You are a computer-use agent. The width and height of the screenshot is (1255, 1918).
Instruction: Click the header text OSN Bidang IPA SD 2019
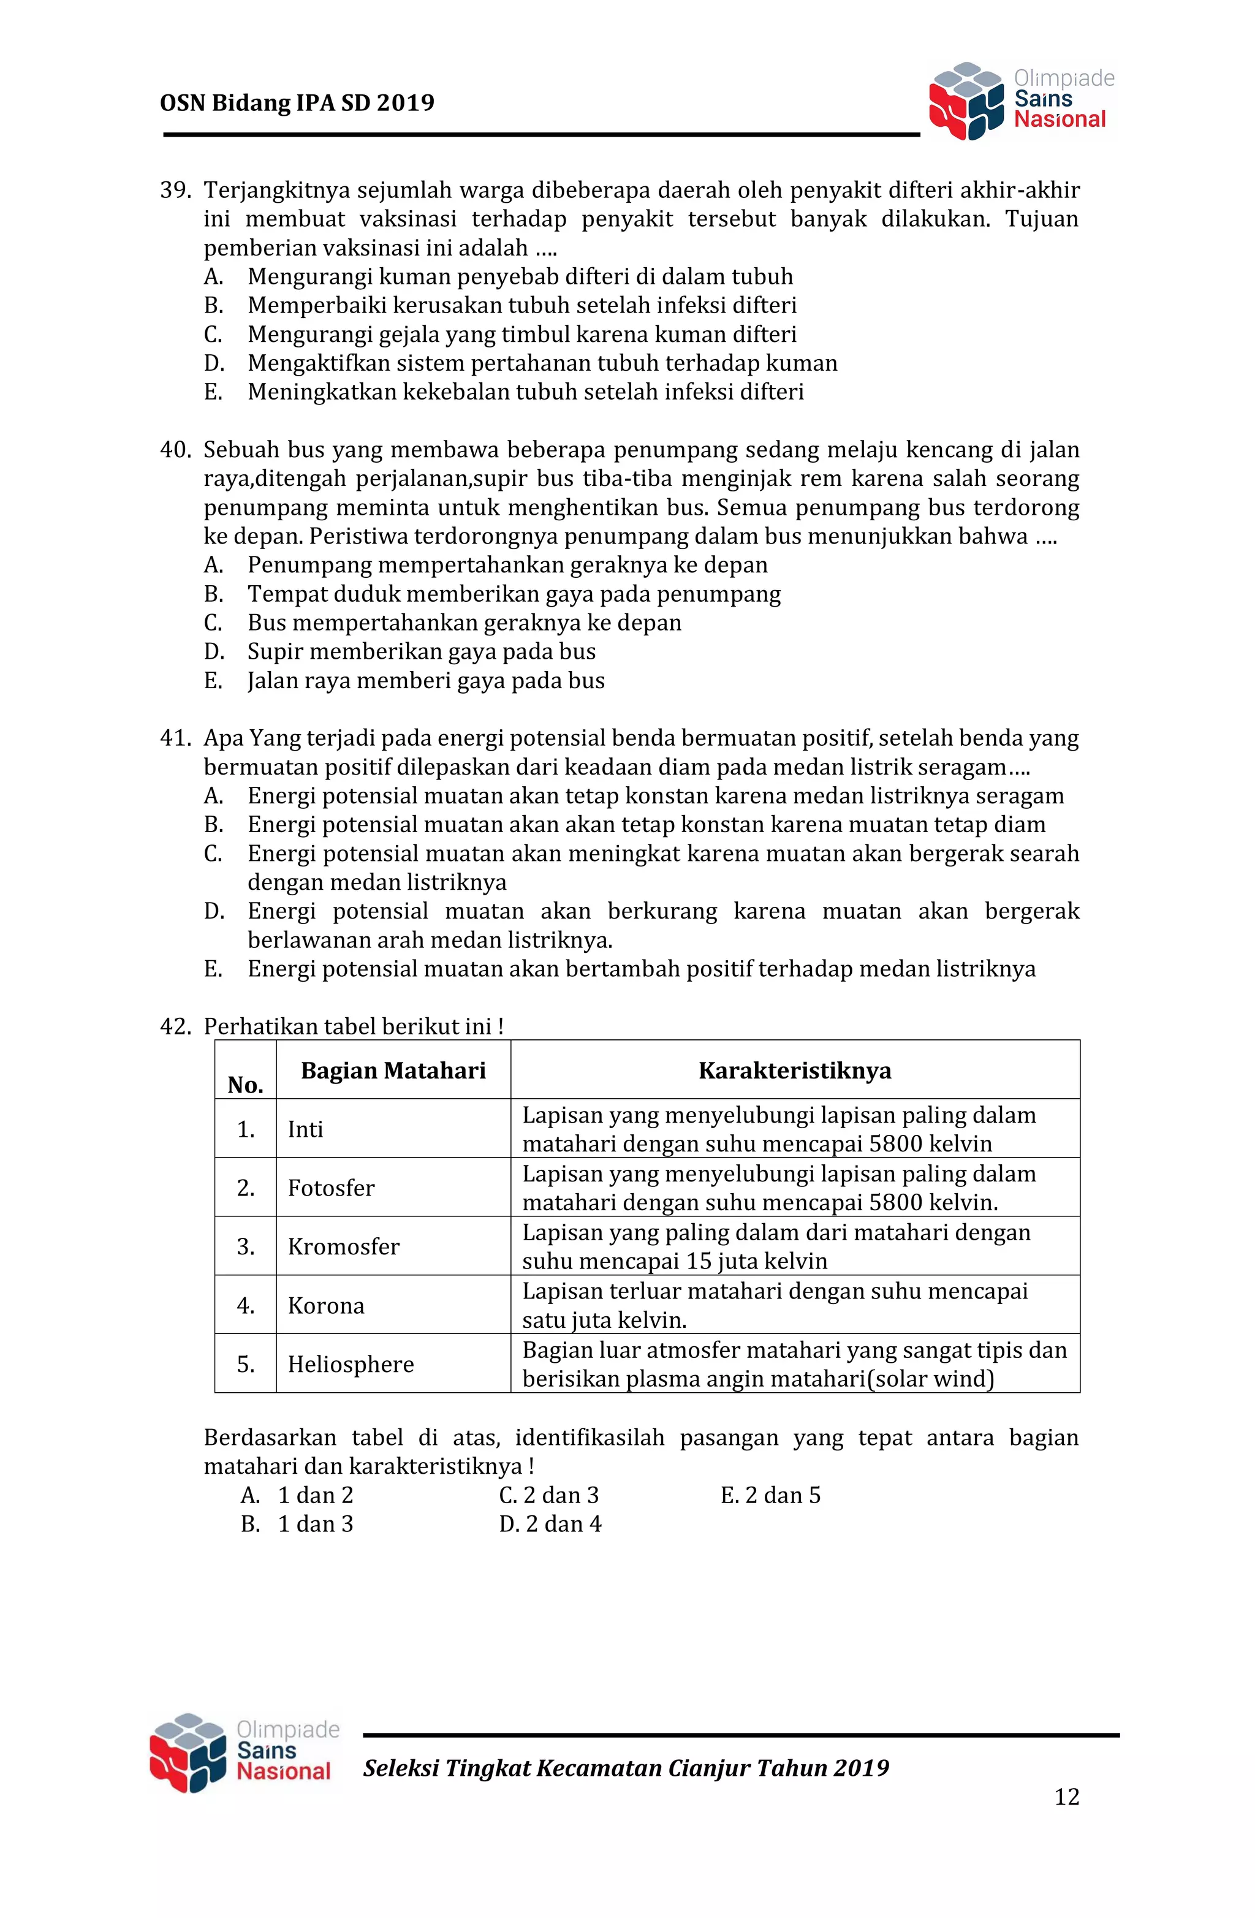point(297,103)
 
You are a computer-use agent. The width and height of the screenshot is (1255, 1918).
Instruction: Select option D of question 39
point(542,363)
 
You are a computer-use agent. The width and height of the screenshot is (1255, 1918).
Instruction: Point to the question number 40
point(174,450)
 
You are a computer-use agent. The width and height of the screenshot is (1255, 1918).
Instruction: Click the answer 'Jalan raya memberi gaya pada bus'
point(426,681)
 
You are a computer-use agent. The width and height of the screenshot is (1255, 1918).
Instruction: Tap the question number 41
point(174,738)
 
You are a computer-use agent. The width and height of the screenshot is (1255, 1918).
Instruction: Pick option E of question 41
point(641,969)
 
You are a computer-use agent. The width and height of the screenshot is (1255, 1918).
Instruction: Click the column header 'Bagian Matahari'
point(393,1071)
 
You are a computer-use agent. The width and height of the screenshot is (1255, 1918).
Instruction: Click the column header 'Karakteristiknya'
point(795,1071)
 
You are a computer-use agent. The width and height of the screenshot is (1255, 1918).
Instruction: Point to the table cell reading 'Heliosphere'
point(351,1365)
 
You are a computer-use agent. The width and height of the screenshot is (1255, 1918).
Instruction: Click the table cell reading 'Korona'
point(325,1306)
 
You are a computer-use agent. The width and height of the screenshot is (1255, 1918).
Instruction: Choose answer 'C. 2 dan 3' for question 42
point(549,1496)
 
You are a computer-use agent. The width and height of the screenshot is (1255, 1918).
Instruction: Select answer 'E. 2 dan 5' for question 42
point(770,1496)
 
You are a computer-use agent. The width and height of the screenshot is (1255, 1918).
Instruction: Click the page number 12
point(1066,1797)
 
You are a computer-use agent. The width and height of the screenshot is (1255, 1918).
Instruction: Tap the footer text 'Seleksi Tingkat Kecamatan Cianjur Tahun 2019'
point(626,1768)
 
